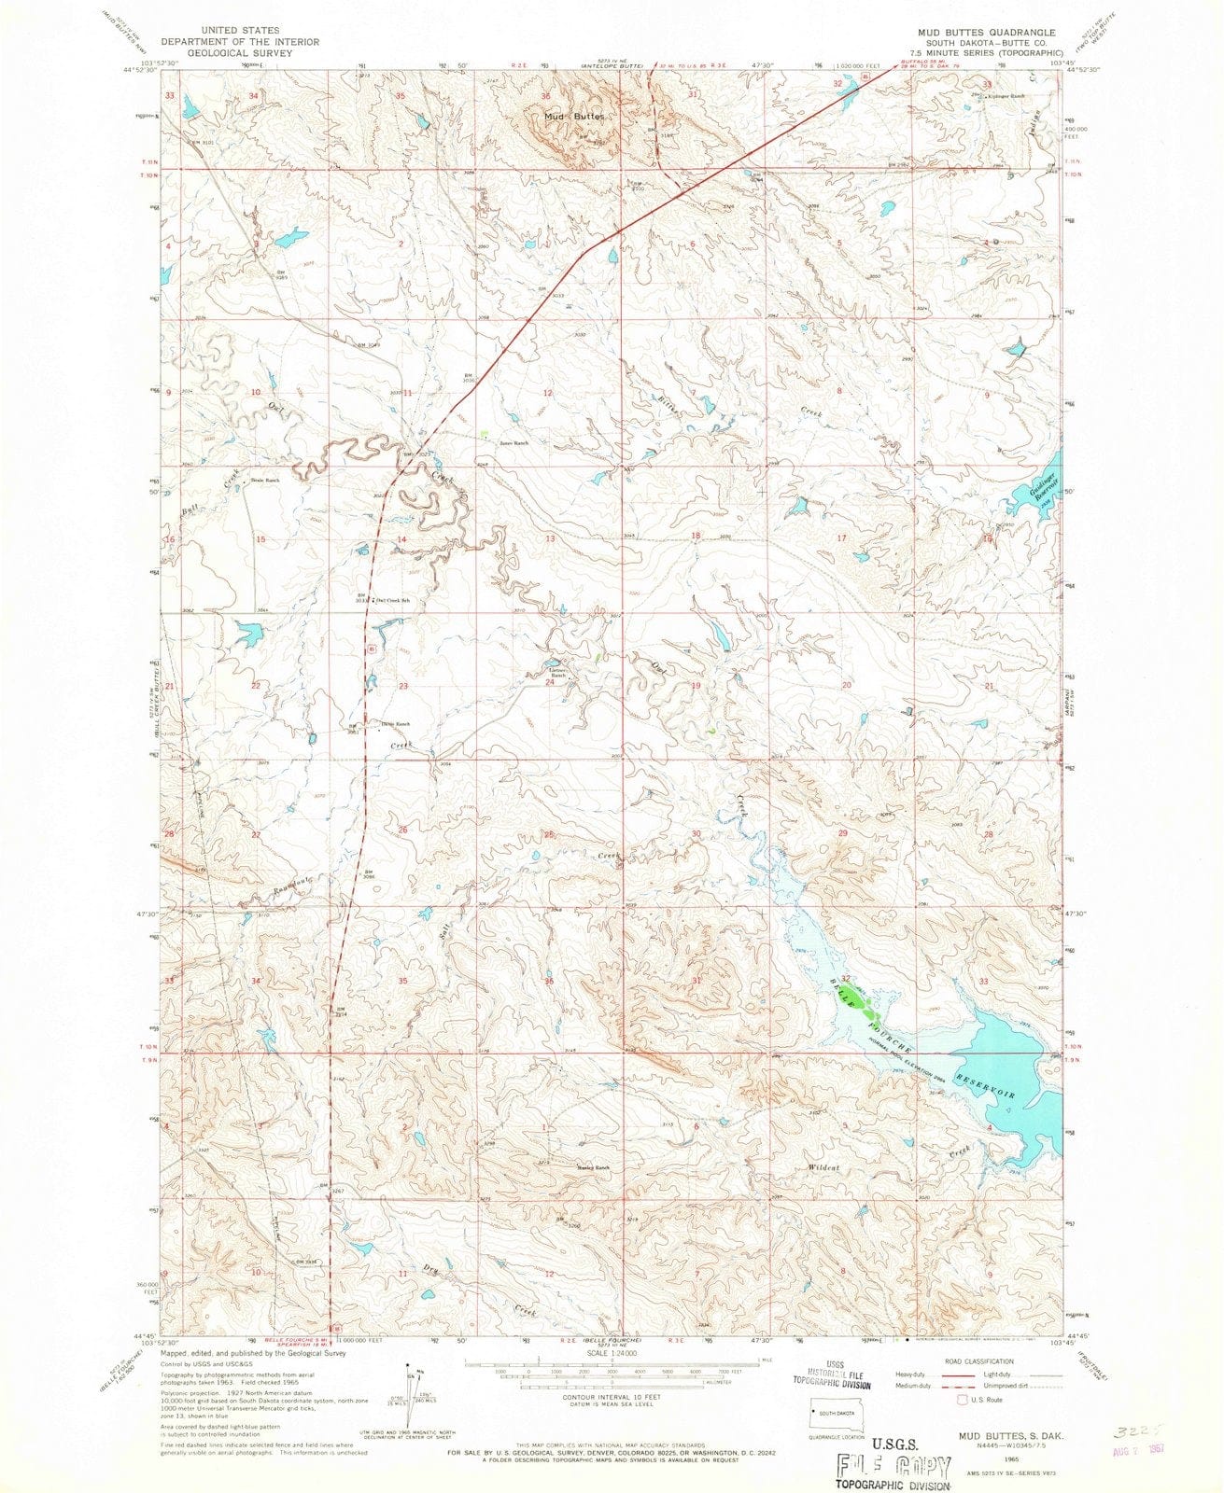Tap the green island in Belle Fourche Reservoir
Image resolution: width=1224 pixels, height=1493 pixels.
[871, 1009]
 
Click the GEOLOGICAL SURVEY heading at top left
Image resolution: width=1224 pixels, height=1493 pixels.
[240, 53]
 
